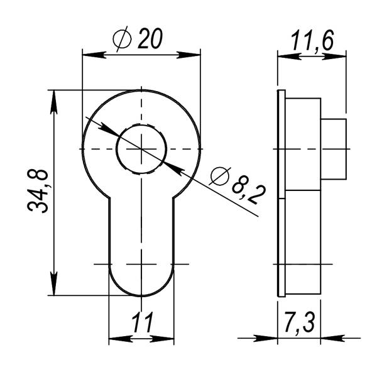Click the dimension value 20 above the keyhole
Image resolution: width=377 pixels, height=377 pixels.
[150, 39]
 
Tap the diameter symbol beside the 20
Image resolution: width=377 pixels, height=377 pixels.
[122, 39]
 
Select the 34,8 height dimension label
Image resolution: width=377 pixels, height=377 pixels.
[38, 191]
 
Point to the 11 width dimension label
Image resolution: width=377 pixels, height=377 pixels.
[143, 322]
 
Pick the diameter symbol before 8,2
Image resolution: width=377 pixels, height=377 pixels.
[219, 176]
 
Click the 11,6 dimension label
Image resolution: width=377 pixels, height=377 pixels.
[312, 40]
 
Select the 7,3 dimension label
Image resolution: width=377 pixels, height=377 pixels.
[299, 322]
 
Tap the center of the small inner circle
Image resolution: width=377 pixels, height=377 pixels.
[141, 149]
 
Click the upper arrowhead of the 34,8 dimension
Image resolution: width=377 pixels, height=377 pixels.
[54, 102]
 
